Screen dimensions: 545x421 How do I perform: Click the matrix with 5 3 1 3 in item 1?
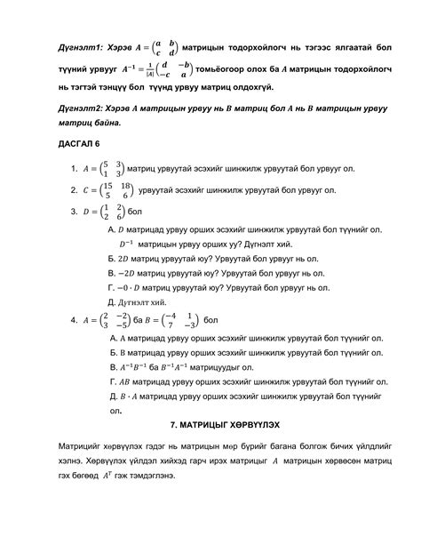tap(112, 167)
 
